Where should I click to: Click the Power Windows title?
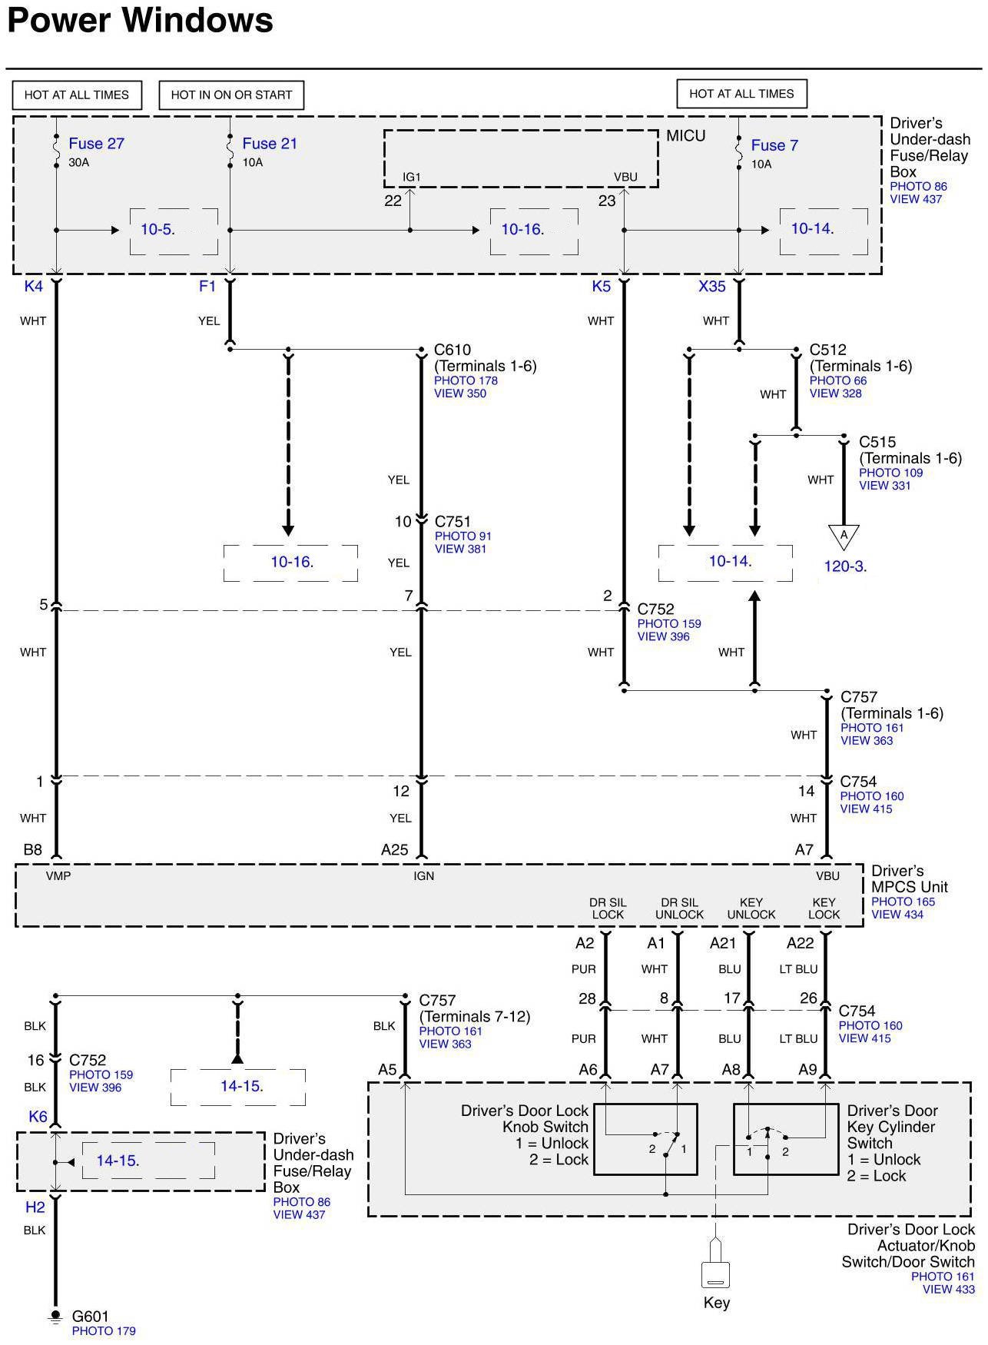(140, 20)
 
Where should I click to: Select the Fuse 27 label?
(96, 144)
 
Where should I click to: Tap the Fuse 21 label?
(269, 144)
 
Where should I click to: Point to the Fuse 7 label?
(774, 145)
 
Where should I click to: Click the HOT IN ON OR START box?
(231, 95)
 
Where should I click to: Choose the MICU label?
(685, 136)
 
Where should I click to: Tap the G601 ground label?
(90, 1317)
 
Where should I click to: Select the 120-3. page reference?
(845, 566)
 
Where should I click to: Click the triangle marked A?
(844, 536)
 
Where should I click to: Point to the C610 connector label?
(453, 350)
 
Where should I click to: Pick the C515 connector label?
(877, 443)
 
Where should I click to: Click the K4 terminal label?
(34, 287)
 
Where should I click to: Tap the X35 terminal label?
(711, 287)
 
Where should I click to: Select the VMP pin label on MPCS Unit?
(58, 875)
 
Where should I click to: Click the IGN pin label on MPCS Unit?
(423, 875)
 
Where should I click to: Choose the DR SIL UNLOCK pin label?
(679, 908)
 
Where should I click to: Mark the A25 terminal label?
(395, 850)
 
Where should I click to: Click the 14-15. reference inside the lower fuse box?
(118, 1161)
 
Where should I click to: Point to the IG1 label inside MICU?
(412, 177)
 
